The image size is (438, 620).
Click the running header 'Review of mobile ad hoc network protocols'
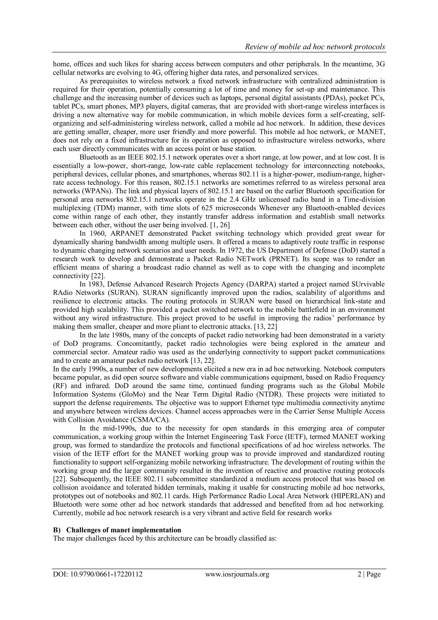point(315,47)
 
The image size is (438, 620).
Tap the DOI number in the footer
point(98,582)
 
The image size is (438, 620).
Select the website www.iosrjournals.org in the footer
point(237,582)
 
